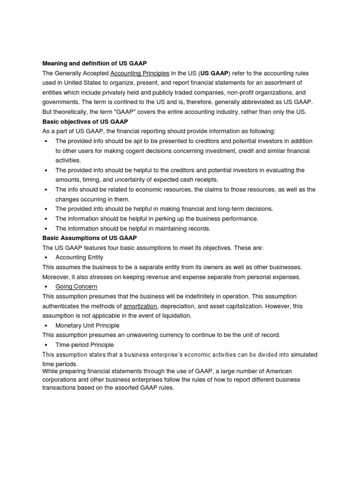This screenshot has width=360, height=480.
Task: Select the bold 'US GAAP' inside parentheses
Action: pos(214,73)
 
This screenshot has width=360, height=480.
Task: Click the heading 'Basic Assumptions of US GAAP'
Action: pos(90,238)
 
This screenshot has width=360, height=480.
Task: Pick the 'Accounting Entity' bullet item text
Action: pos(79,257)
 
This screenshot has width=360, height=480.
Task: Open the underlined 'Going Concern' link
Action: pos(76,286)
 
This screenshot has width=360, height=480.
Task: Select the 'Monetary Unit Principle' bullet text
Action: pos(87,325)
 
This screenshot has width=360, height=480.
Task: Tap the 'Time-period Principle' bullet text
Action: pos(84,345)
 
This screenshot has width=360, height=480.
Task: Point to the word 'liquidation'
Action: pos(175,315)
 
